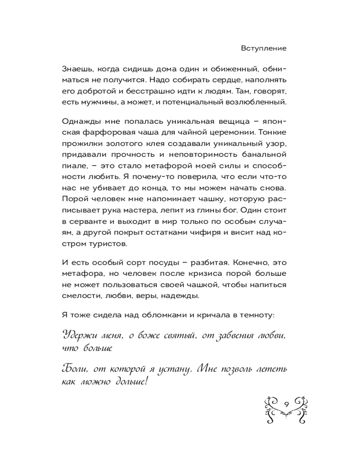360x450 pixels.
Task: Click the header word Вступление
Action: [264, 48]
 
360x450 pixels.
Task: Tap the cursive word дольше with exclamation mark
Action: [132, 381]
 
